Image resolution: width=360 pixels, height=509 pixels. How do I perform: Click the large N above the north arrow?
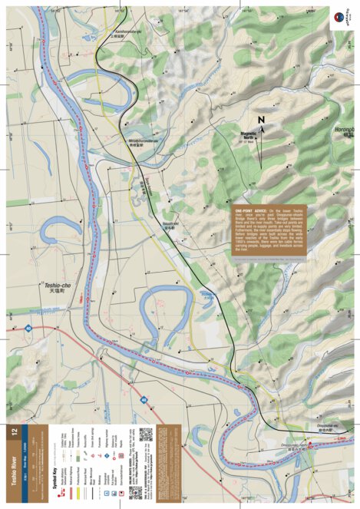(260, 121)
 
